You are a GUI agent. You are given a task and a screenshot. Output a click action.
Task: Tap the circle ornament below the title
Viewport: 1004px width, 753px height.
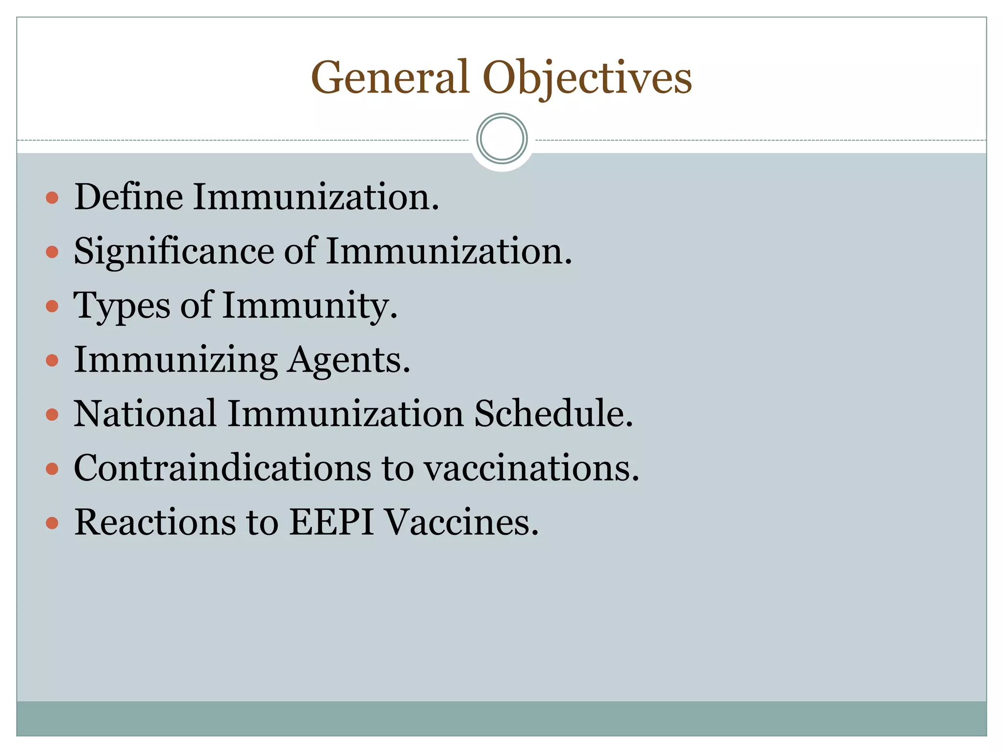(x=502, y=139)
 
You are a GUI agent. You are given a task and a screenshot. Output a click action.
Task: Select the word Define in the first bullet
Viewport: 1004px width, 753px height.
(x=128, y=197)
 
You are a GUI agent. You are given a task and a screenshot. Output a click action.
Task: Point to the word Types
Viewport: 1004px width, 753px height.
(x=122, y=306)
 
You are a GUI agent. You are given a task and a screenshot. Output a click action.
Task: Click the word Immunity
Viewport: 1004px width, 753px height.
(x=310, y=306)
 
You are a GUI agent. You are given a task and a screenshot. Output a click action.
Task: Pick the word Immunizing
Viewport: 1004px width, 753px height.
(x=176, y=360)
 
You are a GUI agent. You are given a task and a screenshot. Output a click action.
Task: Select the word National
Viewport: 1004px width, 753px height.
(x=145, y=414)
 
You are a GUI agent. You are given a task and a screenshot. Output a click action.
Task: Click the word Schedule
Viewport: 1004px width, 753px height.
(x=553, y=414)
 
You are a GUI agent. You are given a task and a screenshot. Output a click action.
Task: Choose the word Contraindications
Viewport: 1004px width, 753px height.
(x=222, y=468)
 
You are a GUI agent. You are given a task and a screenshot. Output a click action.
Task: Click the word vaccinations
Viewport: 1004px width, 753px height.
(x=532, y=468)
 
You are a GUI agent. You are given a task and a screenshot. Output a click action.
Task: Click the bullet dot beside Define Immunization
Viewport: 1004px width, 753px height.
(x=52, y=198)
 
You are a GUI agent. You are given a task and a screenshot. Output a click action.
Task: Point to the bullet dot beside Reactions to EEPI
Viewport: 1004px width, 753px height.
(x=52, y=523)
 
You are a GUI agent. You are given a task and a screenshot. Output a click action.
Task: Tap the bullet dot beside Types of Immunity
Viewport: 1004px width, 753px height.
(x=52, y=307)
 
